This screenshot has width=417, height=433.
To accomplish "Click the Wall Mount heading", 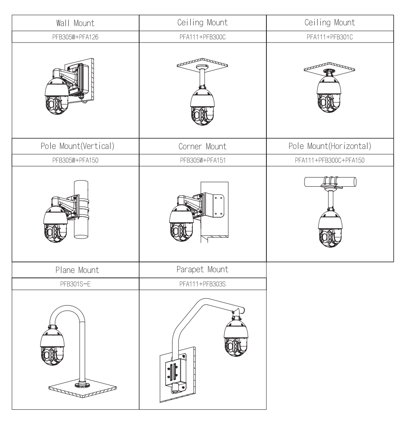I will point(75,23).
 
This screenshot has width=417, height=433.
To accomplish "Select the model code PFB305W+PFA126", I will point(75,36).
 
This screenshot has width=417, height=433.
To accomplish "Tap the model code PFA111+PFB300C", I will point(203,36).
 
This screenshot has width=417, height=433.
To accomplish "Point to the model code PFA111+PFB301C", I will point(330,36).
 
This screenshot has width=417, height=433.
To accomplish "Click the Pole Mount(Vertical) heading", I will point(75,146).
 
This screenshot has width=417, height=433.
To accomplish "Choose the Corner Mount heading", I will point(203,147).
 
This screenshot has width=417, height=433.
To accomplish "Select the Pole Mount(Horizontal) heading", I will point(330,146).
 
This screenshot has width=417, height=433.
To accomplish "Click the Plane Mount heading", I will point(75,270).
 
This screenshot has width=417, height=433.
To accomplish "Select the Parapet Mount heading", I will point(203,270).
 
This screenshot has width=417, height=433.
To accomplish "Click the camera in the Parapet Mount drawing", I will point(236,338).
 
